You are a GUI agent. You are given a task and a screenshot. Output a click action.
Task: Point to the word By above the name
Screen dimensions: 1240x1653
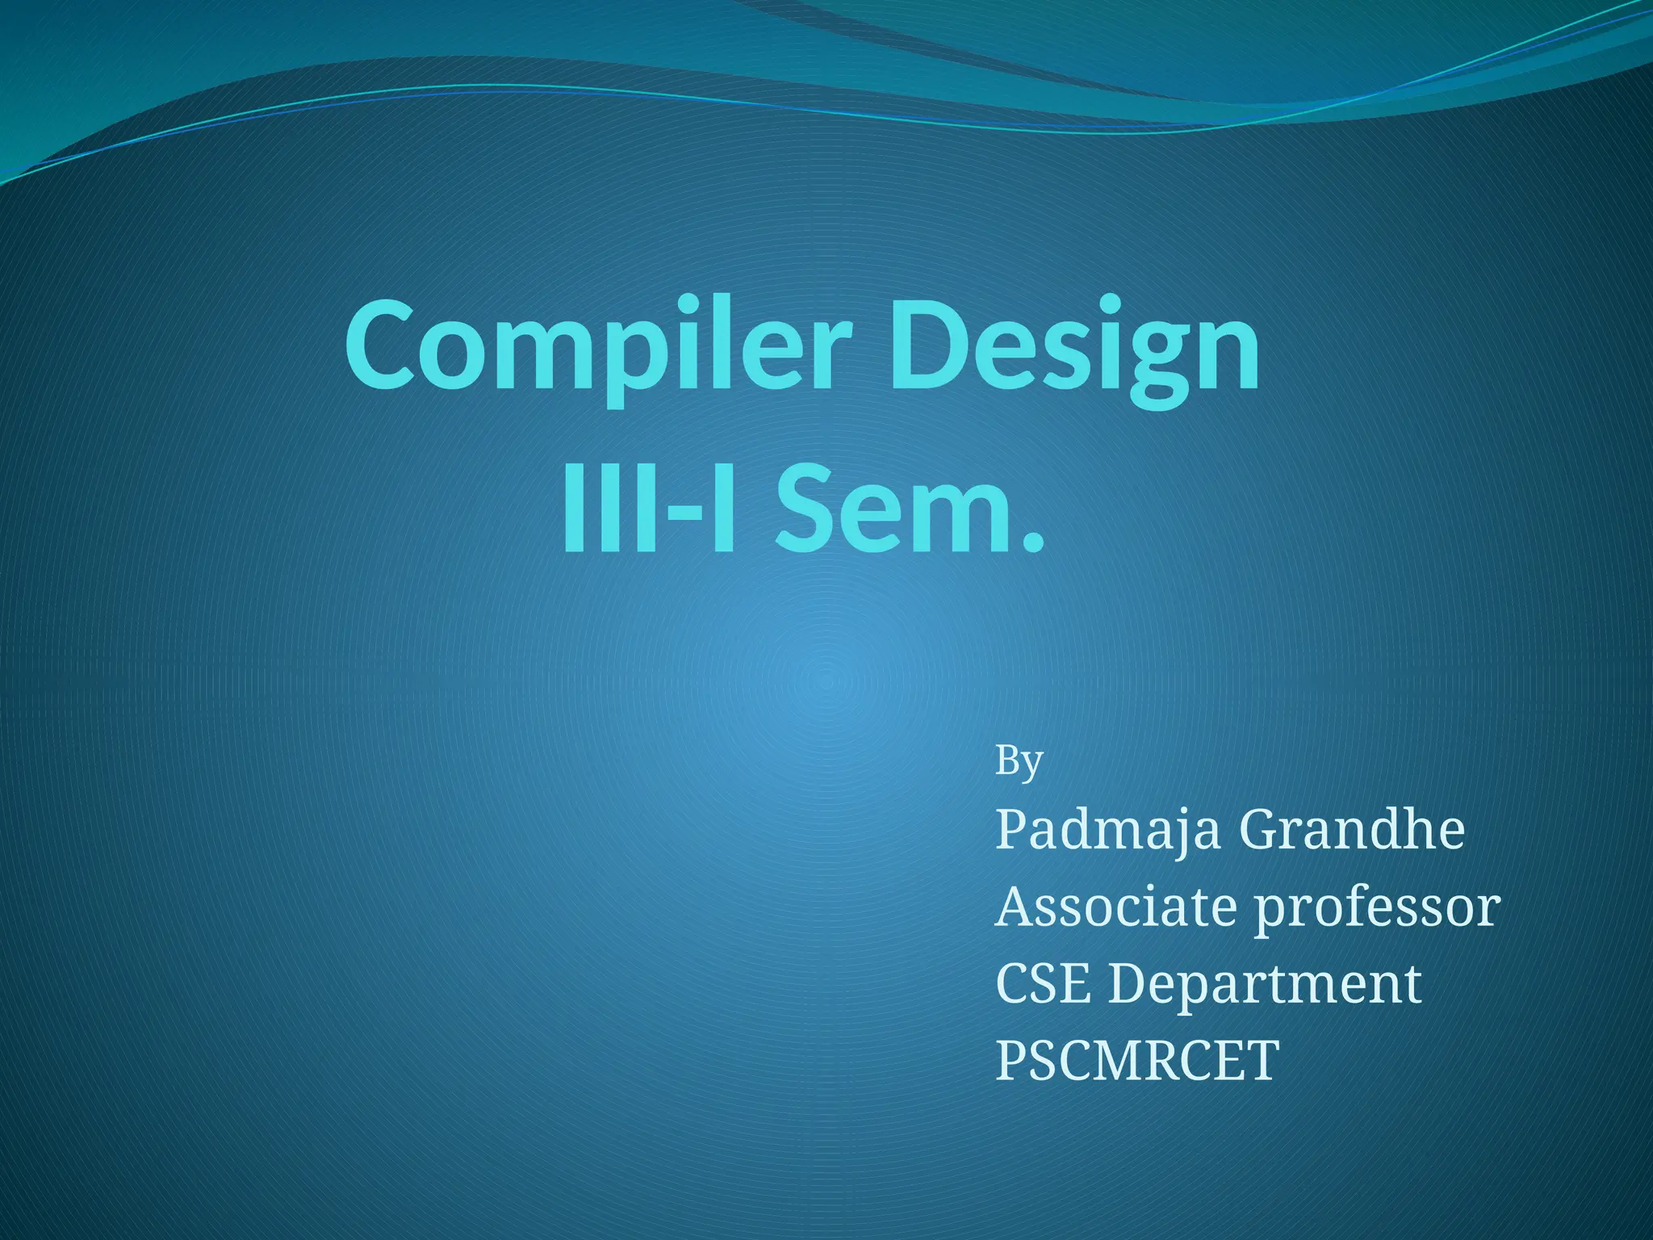point(1019,760)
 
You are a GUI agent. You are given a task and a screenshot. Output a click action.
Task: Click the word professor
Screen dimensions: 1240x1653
point(1376,908)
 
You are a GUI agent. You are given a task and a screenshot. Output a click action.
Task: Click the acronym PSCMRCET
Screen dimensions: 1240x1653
point(1136,1059)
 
